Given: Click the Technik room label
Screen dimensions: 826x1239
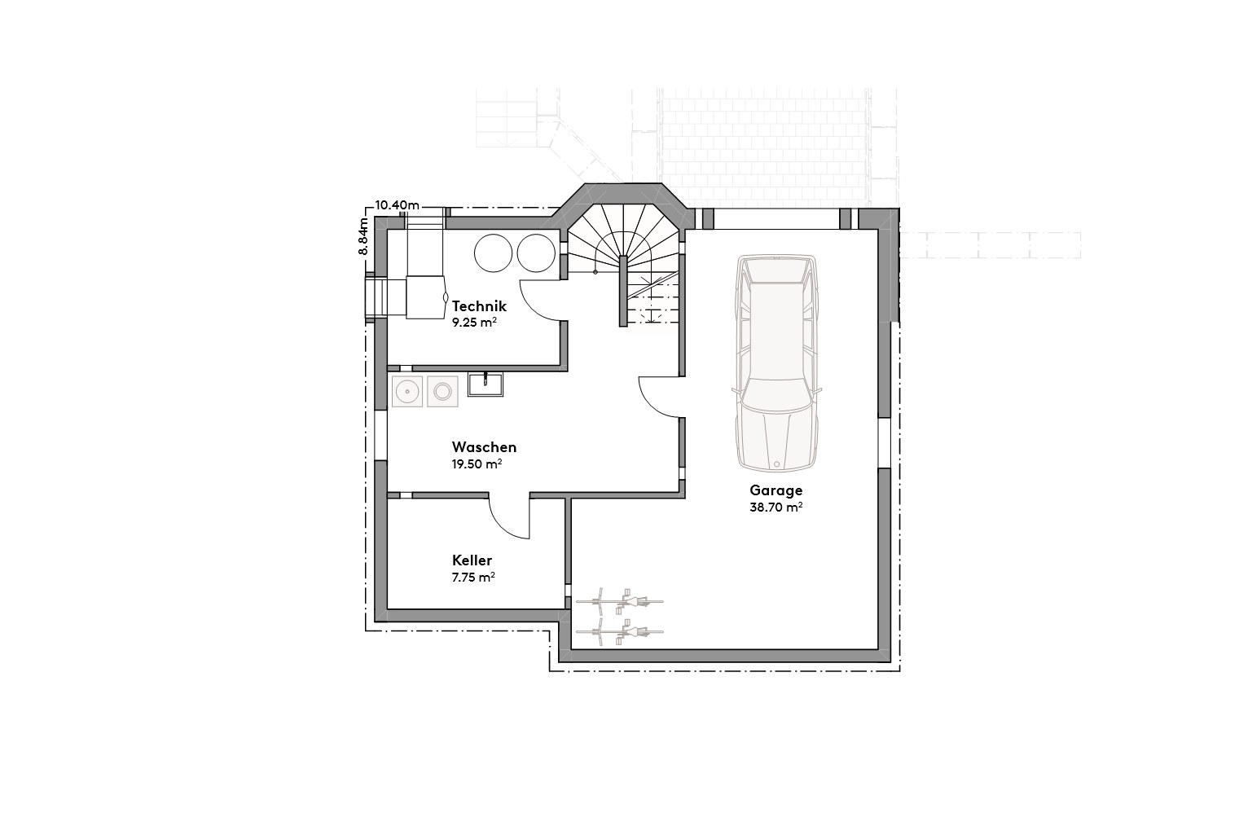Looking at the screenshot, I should coord(479,306).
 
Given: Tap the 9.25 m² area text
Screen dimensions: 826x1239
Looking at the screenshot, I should coord(474,322).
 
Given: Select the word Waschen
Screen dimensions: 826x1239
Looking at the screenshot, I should coord(484,447).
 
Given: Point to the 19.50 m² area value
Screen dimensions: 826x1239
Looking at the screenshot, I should coord(477,464).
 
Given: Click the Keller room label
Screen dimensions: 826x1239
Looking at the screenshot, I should coord(472,560).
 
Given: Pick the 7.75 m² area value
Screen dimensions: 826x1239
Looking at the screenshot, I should coord(473,577).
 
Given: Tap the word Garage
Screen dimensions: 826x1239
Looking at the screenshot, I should coord(776,490).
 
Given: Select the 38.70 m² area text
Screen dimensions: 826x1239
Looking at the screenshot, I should coord(776,507).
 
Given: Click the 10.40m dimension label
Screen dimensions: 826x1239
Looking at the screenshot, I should coord(397,204).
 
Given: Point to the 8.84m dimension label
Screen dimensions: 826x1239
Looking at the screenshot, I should coord(364,236).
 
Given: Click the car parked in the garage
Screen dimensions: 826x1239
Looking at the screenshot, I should coord(775,362).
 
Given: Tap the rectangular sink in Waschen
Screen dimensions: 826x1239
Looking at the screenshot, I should coord(485,384).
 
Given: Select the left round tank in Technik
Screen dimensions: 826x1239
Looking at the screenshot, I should coord(492,253).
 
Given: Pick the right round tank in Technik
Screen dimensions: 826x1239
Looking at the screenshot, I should coord(535,253).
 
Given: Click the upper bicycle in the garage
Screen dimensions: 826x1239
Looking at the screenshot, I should coord(619,602).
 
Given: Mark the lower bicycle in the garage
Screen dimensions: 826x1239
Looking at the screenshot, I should coord(619,632).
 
